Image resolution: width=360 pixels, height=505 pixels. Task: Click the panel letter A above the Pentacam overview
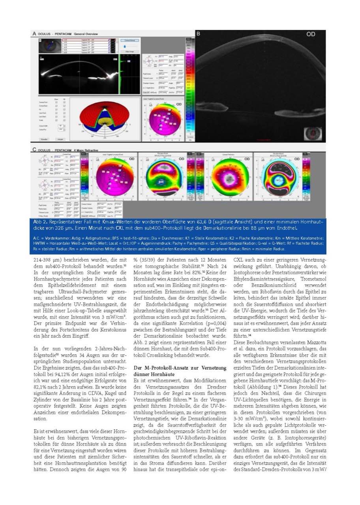35,34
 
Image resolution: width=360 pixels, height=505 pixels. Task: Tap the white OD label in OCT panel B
311,34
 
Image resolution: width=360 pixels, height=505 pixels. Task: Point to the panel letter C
35,150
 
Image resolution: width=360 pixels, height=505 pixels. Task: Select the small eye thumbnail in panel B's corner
315,132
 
